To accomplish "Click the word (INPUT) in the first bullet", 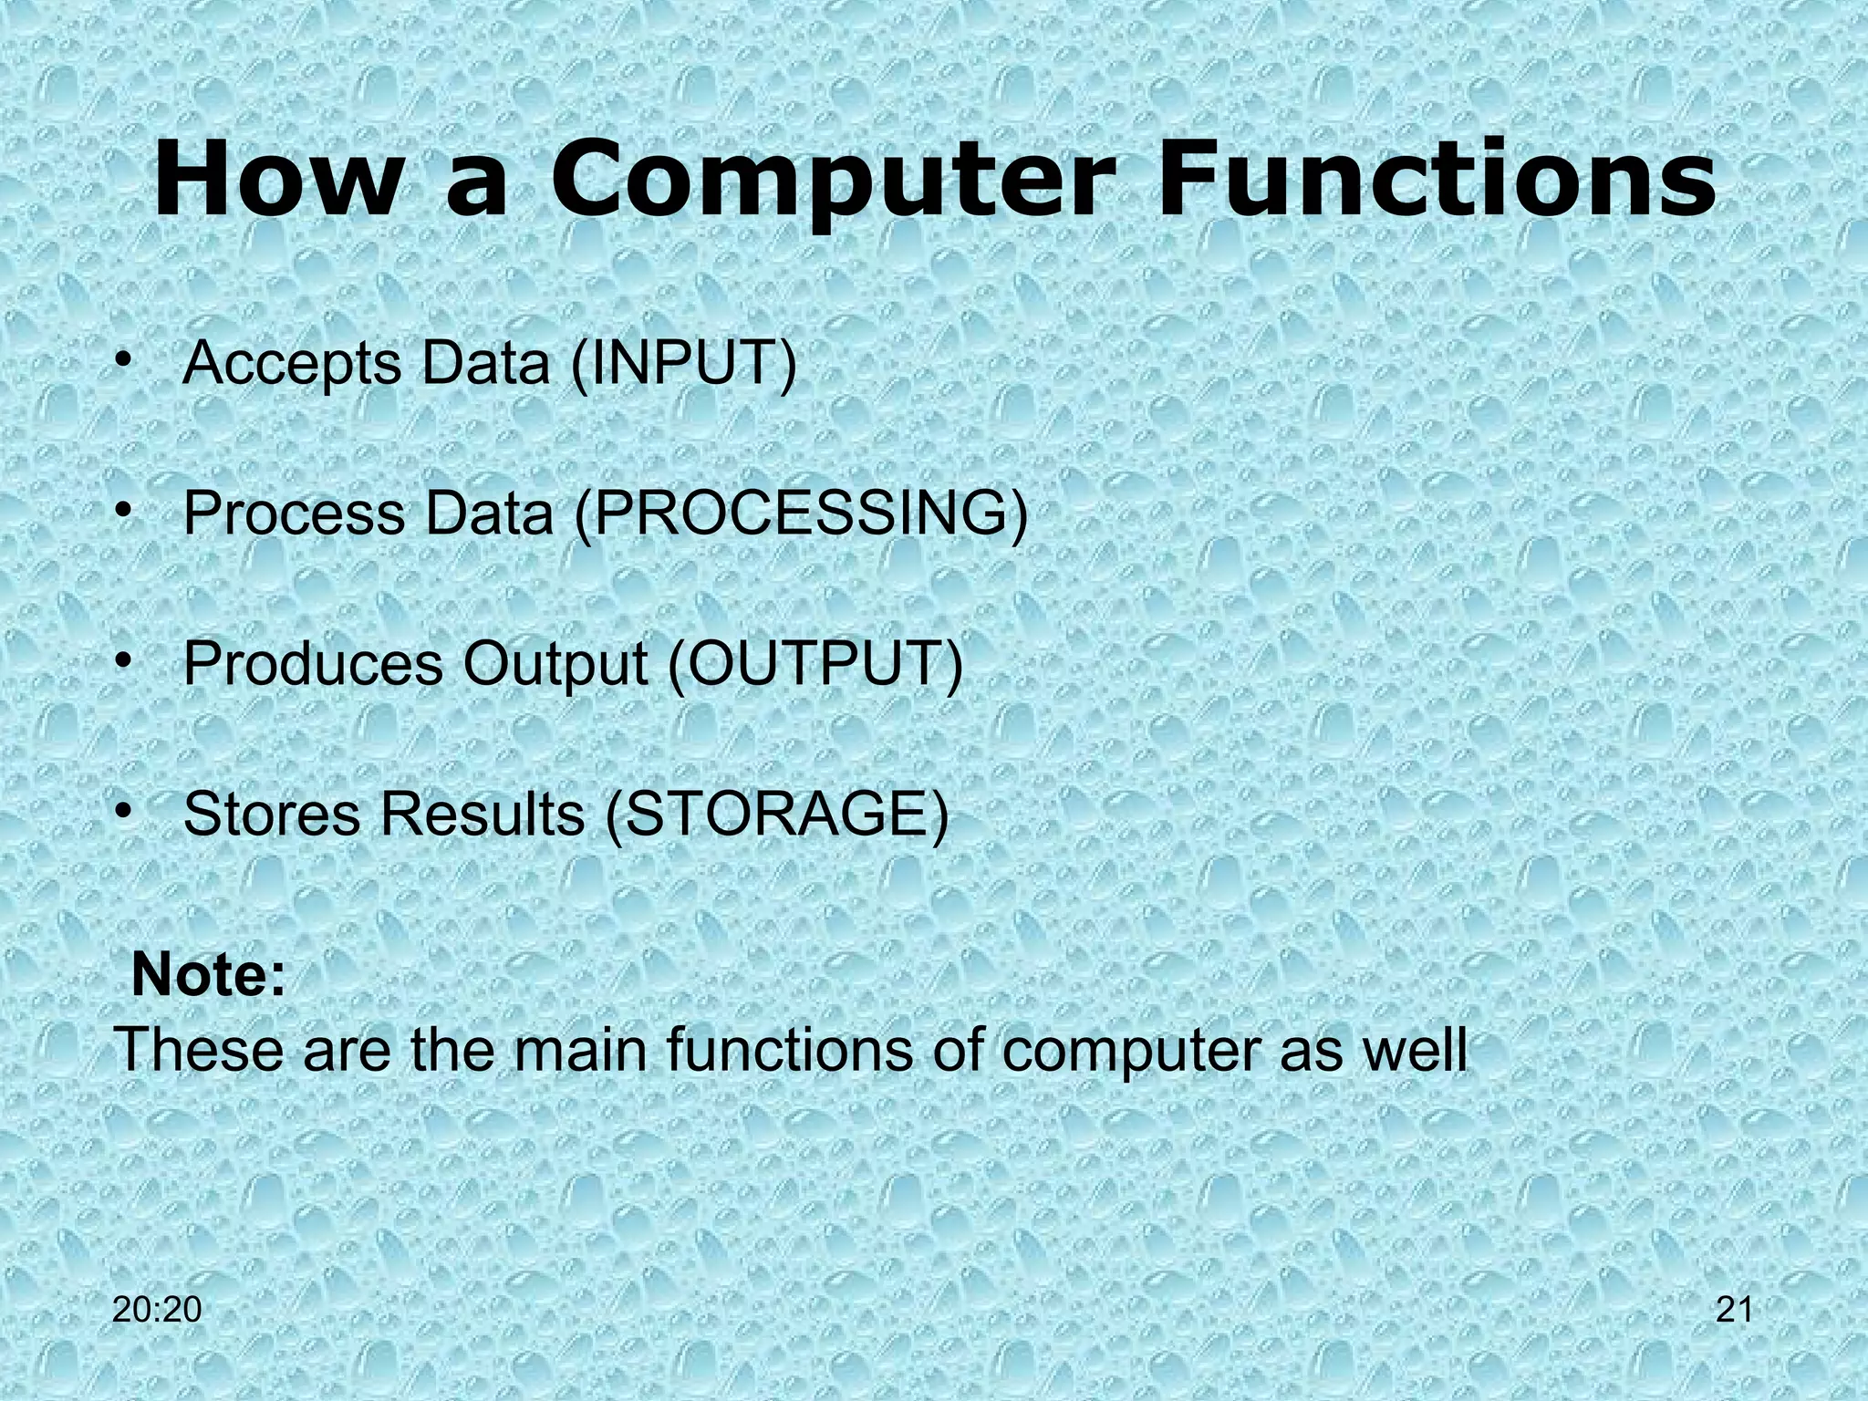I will coord(683,364).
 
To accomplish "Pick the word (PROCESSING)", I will coord(801,514).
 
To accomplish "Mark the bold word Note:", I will coord(208,976).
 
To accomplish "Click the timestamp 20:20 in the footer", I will coord(157,1310).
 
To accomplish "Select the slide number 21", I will coord(1734,1310).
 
